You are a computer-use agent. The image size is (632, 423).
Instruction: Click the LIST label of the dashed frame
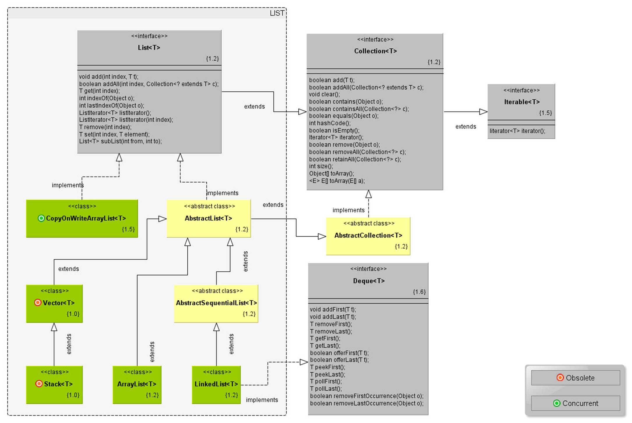[277, 13]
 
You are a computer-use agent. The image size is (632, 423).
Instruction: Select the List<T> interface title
[149, 47]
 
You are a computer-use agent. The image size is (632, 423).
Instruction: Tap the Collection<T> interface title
[375, 51]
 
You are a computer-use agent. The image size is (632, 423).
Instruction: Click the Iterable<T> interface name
[522, 102]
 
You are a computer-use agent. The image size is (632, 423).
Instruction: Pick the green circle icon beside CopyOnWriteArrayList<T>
[41, 218]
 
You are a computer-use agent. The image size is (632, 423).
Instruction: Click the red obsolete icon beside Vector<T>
[38, 302]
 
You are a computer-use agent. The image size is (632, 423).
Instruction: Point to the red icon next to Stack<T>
[39, 384]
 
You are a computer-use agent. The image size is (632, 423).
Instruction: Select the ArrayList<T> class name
[137, 384]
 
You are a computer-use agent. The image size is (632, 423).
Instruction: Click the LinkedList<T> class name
[216, 384]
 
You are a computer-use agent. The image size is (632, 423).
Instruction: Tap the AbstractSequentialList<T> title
[216, 303]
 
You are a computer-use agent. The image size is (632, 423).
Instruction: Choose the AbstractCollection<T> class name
[368, 235]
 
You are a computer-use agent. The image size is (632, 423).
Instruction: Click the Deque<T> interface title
[369, 281]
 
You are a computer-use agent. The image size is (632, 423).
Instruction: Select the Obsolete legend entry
[575, 378]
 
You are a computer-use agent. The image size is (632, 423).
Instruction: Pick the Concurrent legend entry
[575, 403]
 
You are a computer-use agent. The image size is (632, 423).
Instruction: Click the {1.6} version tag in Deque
[419, 292]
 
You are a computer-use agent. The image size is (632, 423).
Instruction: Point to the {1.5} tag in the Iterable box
[545, 113]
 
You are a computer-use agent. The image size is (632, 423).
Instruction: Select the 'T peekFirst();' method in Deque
[328, 367]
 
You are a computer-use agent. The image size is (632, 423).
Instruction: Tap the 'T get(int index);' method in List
[99, 91]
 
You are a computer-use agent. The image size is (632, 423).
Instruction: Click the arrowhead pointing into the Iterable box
[483, 112]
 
